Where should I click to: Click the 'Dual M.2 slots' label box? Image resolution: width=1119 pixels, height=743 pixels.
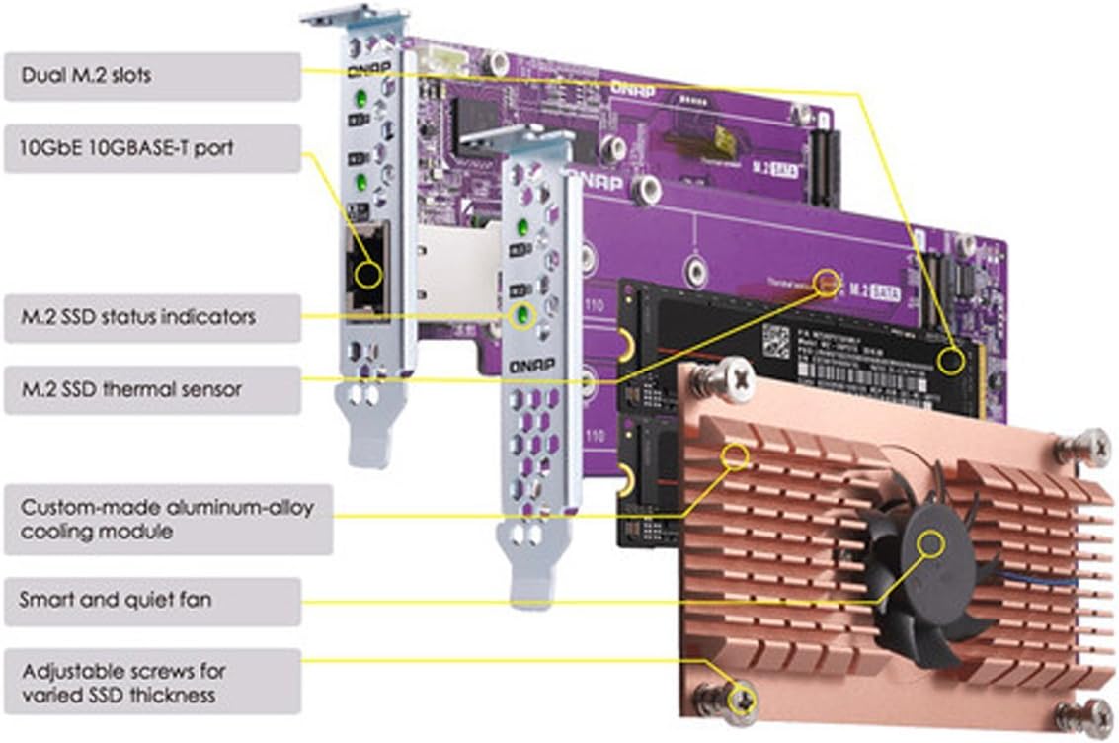152,75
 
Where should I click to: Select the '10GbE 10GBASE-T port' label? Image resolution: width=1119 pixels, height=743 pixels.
152,148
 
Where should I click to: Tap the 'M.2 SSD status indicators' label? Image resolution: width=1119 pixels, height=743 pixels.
152,317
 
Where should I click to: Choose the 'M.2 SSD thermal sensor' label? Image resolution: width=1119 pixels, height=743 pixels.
152,389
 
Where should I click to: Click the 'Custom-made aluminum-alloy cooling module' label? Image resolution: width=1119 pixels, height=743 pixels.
168,519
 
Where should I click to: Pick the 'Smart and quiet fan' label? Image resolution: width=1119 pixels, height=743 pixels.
152,600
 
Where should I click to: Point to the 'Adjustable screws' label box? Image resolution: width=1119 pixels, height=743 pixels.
152,682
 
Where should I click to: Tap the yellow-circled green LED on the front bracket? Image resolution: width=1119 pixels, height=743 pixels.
520,316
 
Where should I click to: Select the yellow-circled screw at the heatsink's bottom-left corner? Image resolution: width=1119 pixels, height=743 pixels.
740,700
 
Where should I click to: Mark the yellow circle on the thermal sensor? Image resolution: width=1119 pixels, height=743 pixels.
827,281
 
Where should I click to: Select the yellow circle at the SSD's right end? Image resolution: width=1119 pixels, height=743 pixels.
950,361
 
